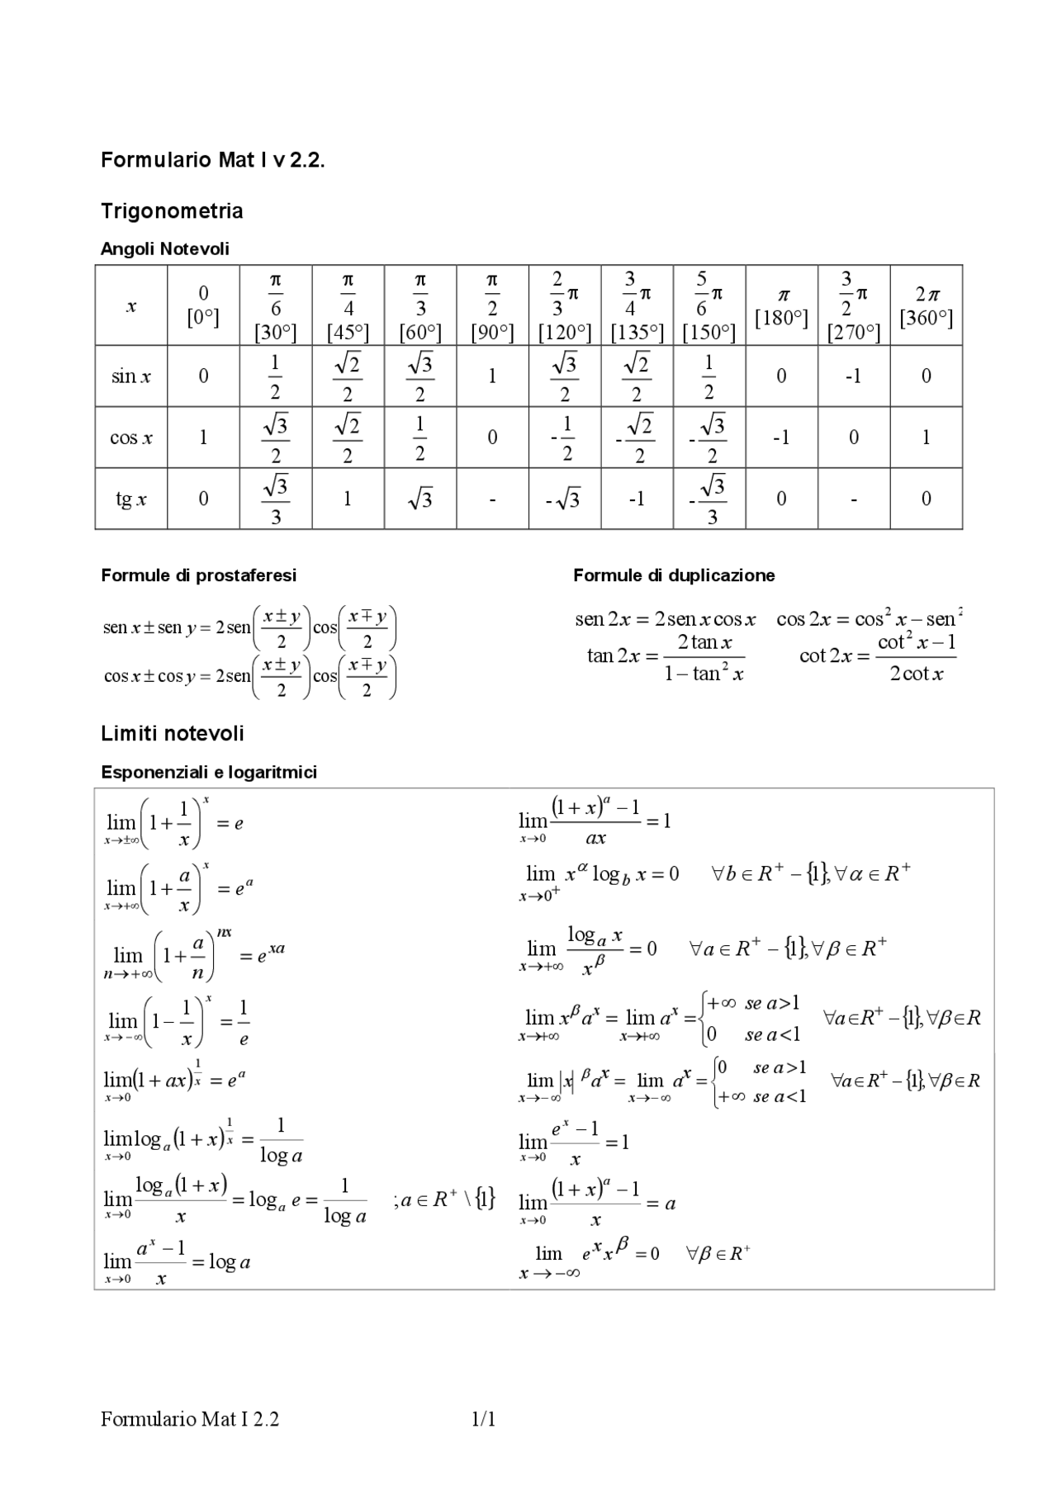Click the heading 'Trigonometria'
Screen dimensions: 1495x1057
(172, 211)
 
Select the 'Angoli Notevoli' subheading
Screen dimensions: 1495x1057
(165, 248)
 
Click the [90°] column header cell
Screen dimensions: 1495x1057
(492, 305)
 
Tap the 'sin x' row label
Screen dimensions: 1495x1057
(131, 376)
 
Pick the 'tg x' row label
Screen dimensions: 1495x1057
(131, 499)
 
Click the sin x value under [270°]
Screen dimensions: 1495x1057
(853, 376)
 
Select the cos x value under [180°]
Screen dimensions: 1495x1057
(781, 438)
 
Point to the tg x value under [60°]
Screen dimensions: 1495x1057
(419, 499)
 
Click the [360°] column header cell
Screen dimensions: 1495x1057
(926, 305)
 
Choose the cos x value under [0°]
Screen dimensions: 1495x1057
(203, 438)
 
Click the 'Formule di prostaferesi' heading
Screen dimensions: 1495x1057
(198, 575)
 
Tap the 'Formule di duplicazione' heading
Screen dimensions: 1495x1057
(674, 575)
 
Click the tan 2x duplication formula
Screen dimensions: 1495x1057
(666, 657)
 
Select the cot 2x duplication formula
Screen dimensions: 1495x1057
(877, 657)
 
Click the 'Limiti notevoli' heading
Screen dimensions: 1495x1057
(173, 734)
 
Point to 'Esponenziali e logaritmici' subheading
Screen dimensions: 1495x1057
(209, 773)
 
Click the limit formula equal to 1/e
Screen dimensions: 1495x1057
(177, 1022)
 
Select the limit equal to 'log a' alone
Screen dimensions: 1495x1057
(177, 1262)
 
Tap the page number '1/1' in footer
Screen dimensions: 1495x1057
(483, 1420)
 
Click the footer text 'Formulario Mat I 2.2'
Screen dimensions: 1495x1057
(190, 1420)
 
